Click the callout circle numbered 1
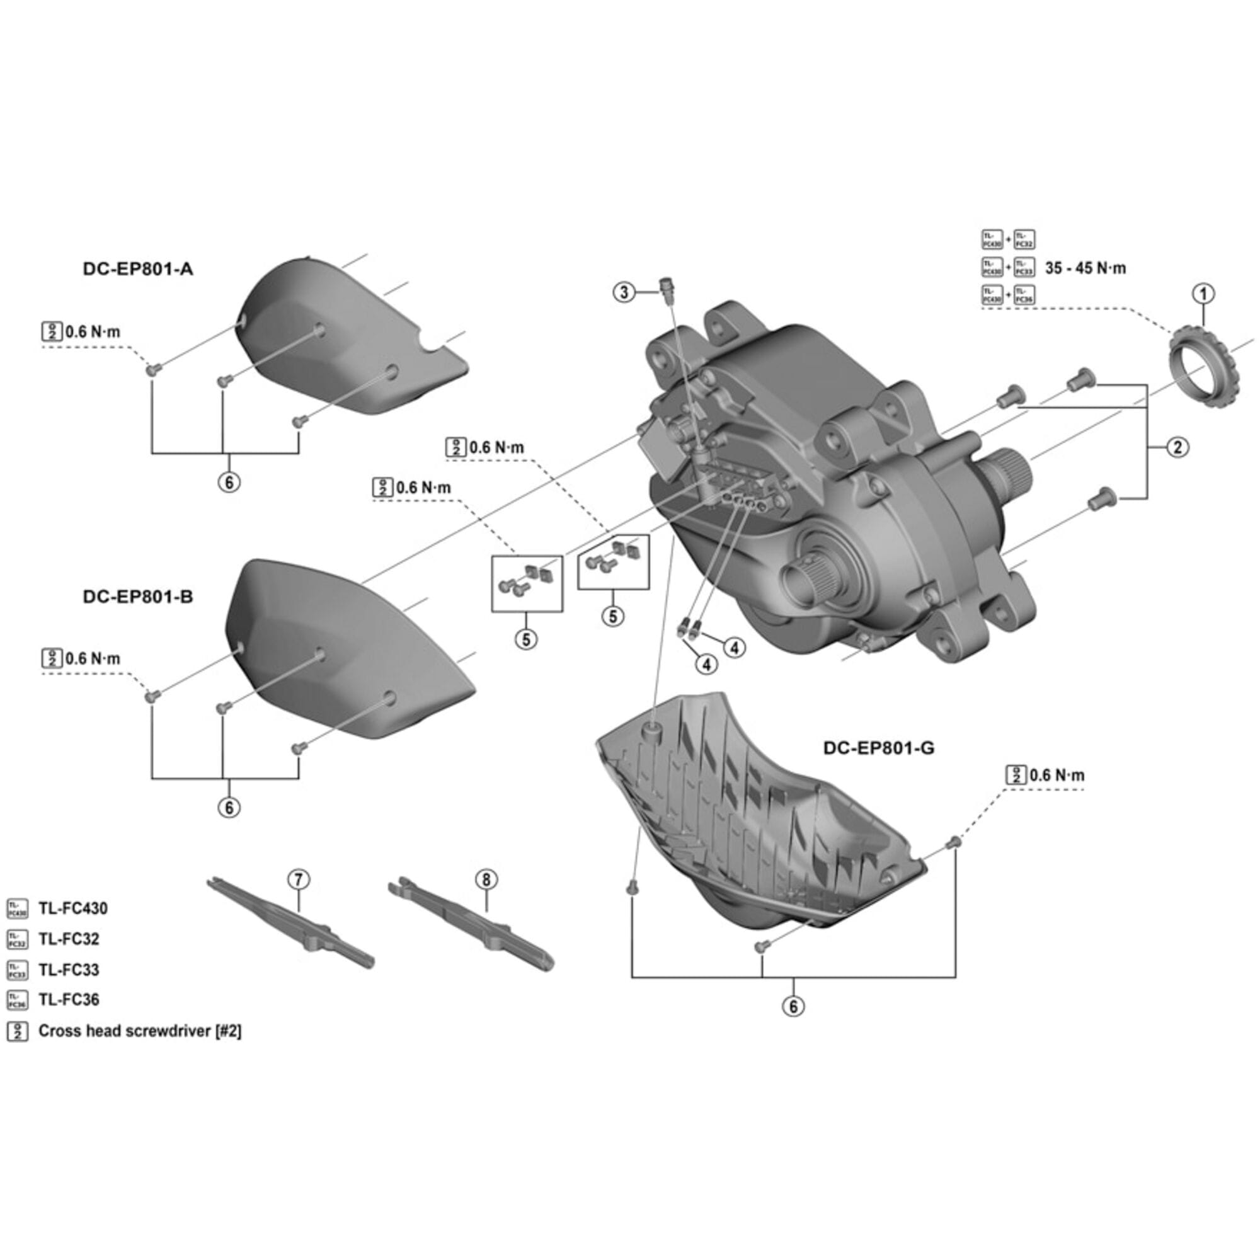point(1203,294)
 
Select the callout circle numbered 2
point(1177,447)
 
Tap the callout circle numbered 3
point(624,292)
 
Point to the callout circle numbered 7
point(298,879)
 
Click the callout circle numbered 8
point(486,879)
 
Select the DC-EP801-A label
point(137,269)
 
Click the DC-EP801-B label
point(137,596)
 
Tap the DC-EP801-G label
point(878,748)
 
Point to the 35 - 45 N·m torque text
point(1085,268)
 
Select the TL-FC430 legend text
point(73,908)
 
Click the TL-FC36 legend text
point(69,999)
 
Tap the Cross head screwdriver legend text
point(140,1031)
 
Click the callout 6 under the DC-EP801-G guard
point(793,1005)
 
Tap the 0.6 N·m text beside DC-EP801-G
point(1057,775)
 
